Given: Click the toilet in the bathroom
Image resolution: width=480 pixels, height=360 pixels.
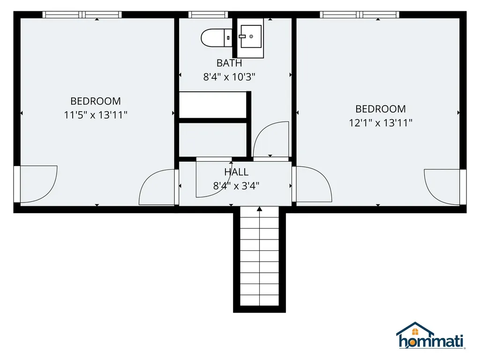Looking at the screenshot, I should click(215, 38).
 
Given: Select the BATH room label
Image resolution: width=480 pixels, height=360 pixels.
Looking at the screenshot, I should click(229, 63).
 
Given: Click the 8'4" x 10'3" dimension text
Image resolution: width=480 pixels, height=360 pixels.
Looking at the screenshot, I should click(229, 77).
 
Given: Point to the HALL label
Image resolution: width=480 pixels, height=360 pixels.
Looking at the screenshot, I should click(236, 172).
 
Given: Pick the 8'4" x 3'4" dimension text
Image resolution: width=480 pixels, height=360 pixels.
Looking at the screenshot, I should click(236, 186).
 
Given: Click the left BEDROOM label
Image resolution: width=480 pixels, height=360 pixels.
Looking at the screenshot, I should click(96, 101).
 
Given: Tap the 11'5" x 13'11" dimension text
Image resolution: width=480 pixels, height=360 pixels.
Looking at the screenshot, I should click(96, 115).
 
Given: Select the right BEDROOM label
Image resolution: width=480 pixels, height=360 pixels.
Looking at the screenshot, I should click(380, 109).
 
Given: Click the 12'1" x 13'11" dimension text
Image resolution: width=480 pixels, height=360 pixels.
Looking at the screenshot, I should click(380, 123).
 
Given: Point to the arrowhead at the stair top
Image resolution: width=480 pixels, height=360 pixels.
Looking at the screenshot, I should click(260, 209).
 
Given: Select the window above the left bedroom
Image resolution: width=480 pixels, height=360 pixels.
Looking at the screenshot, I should click(82, 15).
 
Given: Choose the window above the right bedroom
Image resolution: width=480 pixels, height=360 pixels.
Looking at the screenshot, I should click(360, 15).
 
